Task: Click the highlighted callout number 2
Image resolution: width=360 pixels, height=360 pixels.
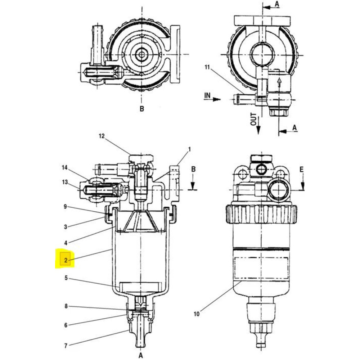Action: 66,260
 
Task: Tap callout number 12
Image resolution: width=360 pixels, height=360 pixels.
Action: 102,136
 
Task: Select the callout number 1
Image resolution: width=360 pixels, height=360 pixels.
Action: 189,149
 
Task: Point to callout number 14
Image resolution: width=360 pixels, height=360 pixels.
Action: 65,168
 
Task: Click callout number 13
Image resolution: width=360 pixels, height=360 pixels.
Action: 65,182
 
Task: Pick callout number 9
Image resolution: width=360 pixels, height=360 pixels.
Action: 65,207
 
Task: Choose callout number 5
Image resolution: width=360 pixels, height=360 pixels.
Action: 66,278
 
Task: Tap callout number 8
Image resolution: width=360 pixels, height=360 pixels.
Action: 66,306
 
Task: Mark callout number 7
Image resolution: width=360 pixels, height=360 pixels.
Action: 66,346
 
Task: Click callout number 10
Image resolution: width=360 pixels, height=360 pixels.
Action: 197,314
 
